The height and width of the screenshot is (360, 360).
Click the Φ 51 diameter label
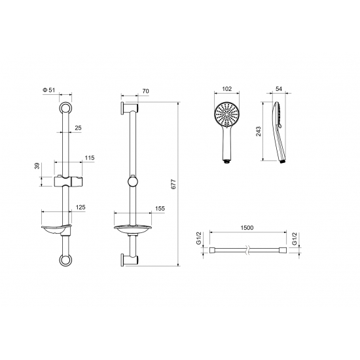point(49,90)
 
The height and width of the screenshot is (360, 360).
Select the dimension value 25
point(78,128)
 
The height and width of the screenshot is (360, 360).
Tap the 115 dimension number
point(90,158)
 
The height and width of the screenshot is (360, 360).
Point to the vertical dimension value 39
point(37,166)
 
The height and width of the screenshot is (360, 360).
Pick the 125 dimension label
point(81,207)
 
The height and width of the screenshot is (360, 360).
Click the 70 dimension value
point(145,91)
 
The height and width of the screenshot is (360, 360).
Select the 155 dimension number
point(160,208)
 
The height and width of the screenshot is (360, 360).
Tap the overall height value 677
point(173,184)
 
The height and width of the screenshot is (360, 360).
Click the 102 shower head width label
point(227,89)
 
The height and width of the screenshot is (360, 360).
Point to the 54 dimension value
point(278,89)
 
